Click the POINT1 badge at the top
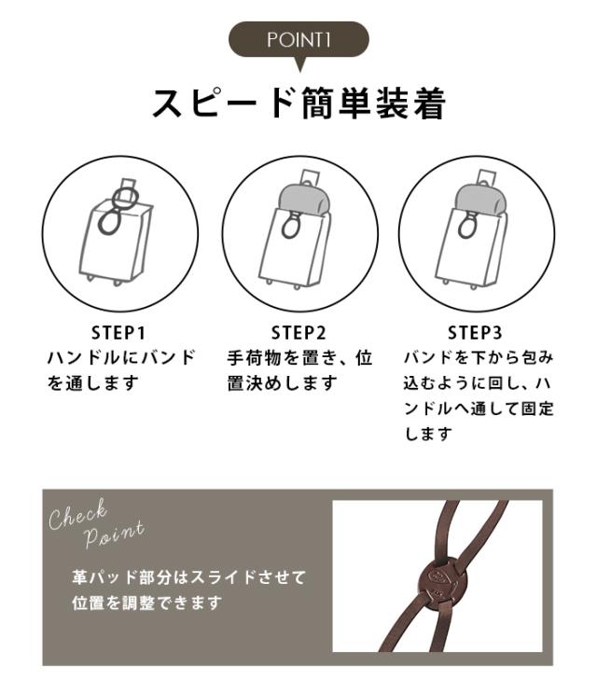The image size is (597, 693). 298,40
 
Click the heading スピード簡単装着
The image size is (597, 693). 298,104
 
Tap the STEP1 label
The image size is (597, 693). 118,333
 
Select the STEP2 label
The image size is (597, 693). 298,333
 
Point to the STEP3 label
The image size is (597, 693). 475,333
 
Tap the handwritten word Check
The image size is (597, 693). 78,515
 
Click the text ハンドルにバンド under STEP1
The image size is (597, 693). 121,357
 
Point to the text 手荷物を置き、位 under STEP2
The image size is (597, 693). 300,357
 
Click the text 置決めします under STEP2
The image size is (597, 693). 283,383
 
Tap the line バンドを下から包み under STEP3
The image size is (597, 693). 479,357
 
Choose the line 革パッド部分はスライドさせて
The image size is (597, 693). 188,576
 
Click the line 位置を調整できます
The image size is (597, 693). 146,603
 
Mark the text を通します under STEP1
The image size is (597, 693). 93,383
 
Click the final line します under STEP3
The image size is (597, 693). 428,434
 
